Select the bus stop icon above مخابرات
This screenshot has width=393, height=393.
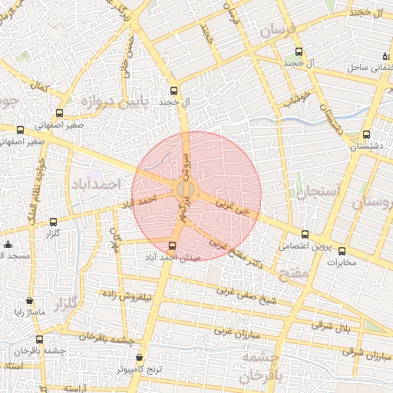[x=342, y=251]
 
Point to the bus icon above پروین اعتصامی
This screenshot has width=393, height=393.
[x=305, y=234]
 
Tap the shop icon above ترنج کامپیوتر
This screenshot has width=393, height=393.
[x=138, y=358]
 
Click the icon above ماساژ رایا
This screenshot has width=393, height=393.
[x=29, y=302]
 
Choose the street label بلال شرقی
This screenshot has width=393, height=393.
[x=332, y=327]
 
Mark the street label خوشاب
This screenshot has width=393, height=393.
[x=296, y=97]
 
